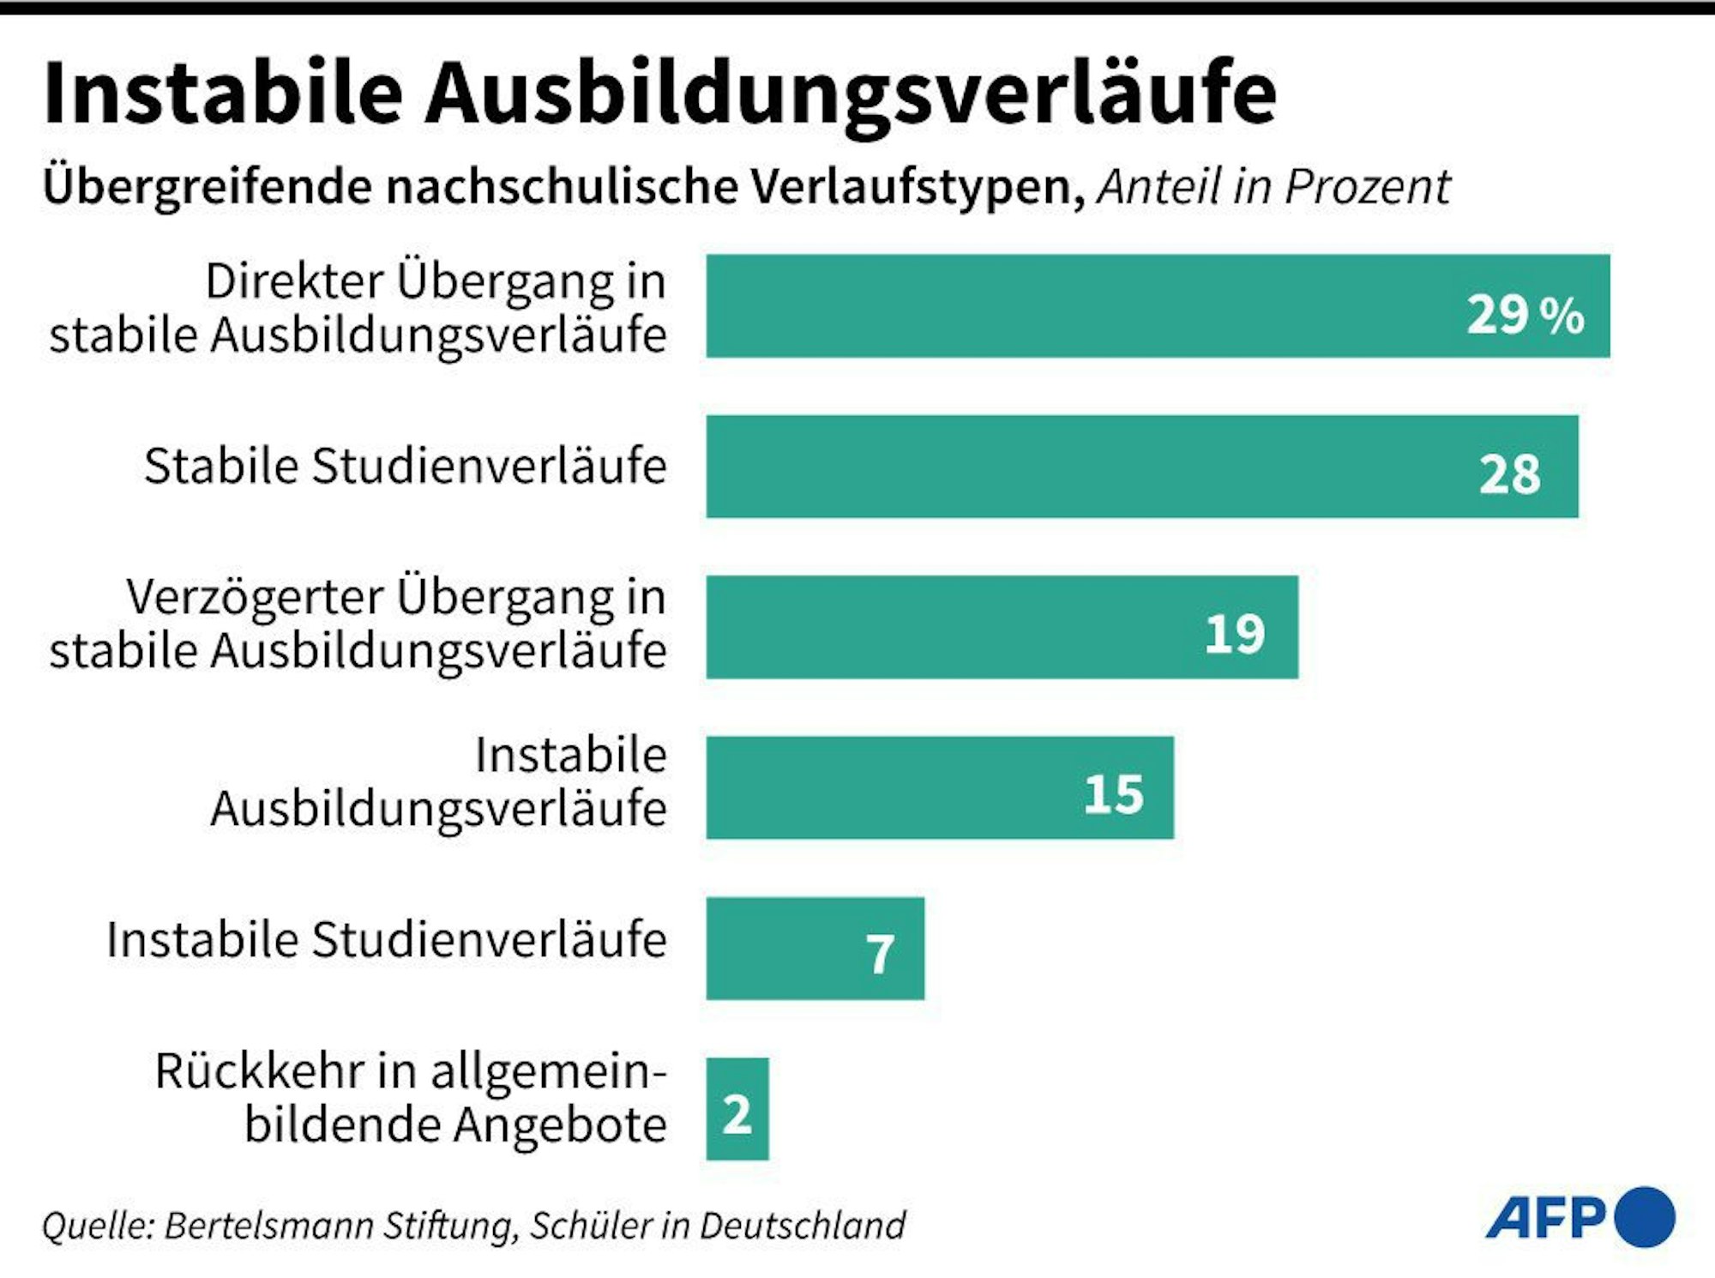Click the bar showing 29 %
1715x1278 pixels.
[1158, 306]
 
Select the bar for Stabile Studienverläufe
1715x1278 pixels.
[1140, 467]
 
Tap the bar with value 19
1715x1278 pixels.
[1002, 627]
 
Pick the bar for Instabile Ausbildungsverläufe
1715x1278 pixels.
[939, 787]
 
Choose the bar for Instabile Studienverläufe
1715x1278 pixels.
[815, 949]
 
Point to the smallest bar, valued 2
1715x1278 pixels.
[737, 1109]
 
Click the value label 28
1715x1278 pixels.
[1509, 473]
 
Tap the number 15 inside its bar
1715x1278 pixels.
[1113, 794]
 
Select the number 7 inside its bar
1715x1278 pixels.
[880, 955]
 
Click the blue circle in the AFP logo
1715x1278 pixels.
[1644, 1216]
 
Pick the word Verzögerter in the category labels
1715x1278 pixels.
[255, 597]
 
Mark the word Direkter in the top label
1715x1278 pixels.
[294, 281]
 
